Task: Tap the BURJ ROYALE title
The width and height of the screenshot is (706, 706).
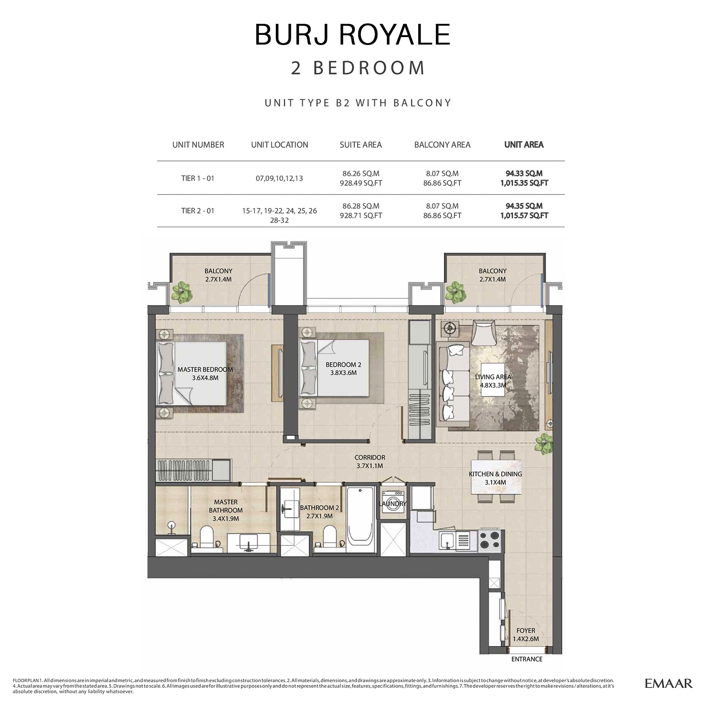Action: click(x=353, y=34)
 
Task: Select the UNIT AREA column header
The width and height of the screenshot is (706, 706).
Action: click(x=524, y=145)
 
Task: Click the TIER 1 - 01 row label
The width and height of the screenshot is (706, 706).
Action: click(x=198, y=178)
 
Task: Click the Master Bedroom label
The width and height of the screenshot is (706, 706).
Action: click(x=205, y=373)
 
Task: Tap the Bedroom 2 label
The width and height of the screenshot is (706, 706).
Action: click(x=343, y=368)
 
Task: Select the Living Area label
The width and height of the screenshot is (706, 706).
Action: click(x=493, y=381)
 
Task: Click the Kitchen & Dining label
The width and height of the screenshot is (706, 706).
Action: click(x=495, y=478)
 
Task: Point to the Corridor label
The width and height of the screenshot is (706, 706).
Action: click(x=370, y=462)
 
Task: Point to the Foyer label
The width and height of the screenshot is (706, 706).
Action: click(x=526, y=635)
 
